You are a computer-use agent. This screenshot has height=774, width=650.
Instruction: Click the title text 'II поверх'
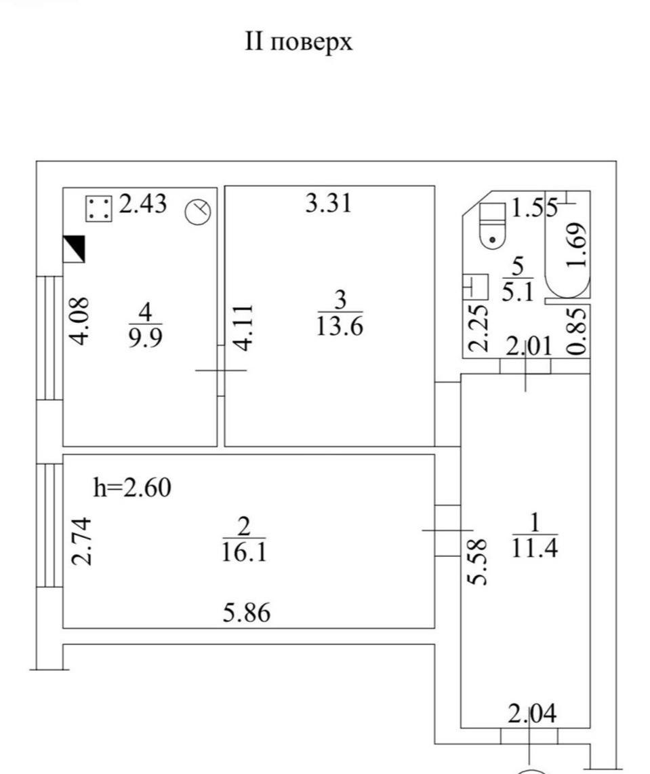[x=299, y=42]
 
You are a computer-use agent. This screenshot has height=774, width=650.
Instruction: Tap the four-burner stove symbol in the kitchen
[x=99, y=208]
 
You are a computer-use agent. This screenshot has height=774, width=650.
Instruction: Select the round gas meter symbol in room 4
[x=198, y=212]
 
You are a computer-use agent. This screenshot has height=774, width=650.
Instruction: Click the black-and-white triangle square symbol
[x=74, y=249]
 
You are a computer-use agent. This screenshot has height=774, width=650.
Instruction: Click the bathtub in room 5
[x=567, y=245]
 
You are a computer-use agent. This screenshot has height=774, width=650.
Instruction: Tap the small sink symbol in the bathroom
[x=475, y=287]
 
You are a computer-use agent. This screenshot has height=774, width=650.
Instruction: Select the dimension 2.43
[x=143, y=204]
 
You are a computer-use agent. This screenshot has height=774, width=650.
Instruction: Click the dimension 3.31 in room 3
[x=329, y=203]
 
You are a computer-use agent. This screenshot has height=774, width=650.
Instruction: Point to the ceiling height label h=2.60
[x=132, y=487]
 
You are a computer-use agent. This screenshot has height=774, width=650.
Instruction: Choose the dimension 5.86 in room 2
[x=247, y=613]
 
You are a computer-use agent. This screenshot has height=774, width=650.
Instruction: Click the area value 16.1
[x=244, y=552]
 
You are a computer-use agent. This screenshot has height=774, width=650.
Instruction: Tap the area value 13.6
[x=340, y=326]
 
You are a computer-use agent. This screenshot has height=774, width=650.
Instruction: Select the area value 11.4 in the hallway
[x=535, y=547]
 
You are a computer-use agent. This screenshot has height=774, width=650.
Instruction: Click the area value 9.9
[x=146, y=338]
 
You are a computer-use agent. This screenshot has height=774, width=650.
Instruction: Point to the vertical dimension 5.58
[x=478, y=562]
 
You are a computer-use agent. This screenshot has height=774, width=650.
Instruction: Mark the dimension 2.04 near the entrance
[x=532, y=713]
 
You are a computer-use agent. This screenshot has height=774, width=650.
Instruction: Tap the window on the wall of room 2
[x=49, y=525]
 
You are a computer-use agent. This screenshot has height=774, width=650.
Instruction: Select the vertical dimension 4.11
[x=245, y=328]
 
